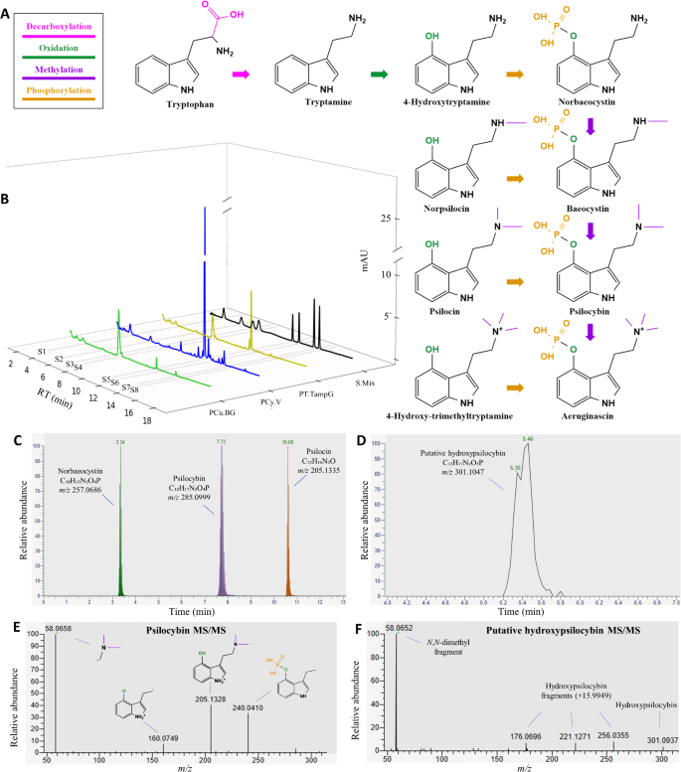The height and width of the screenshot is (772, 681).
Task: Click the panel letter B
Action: pos(7,199)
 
